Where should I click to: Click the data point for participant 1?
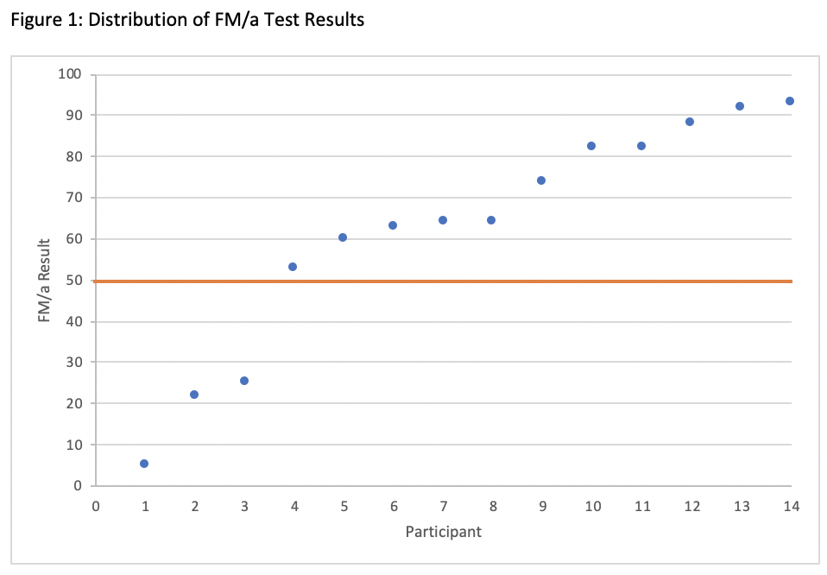(144, 464)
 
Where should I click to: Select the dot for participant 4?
(293, 267)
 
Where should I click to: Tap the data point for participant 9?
(541, 180)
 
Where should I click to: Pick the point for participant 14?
(789, 101)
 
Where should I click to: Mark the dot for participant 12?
(690, 122)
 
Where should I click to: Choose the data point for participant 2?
(194, 395)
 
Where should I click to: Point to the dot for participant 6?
(393, 225)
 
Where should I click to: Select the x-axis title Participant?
(443, 532)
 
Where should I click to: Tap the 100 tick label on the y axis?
(69, 74)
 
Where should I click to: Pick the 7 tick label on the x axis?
(443, 506)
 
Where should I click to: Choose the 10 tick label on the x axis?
(591, 506)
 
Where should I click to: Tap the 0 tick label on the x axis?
(95, 506)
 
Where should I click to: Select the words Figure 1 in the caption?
(38, 19)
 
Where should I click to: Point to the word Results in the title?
(333, 19)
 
